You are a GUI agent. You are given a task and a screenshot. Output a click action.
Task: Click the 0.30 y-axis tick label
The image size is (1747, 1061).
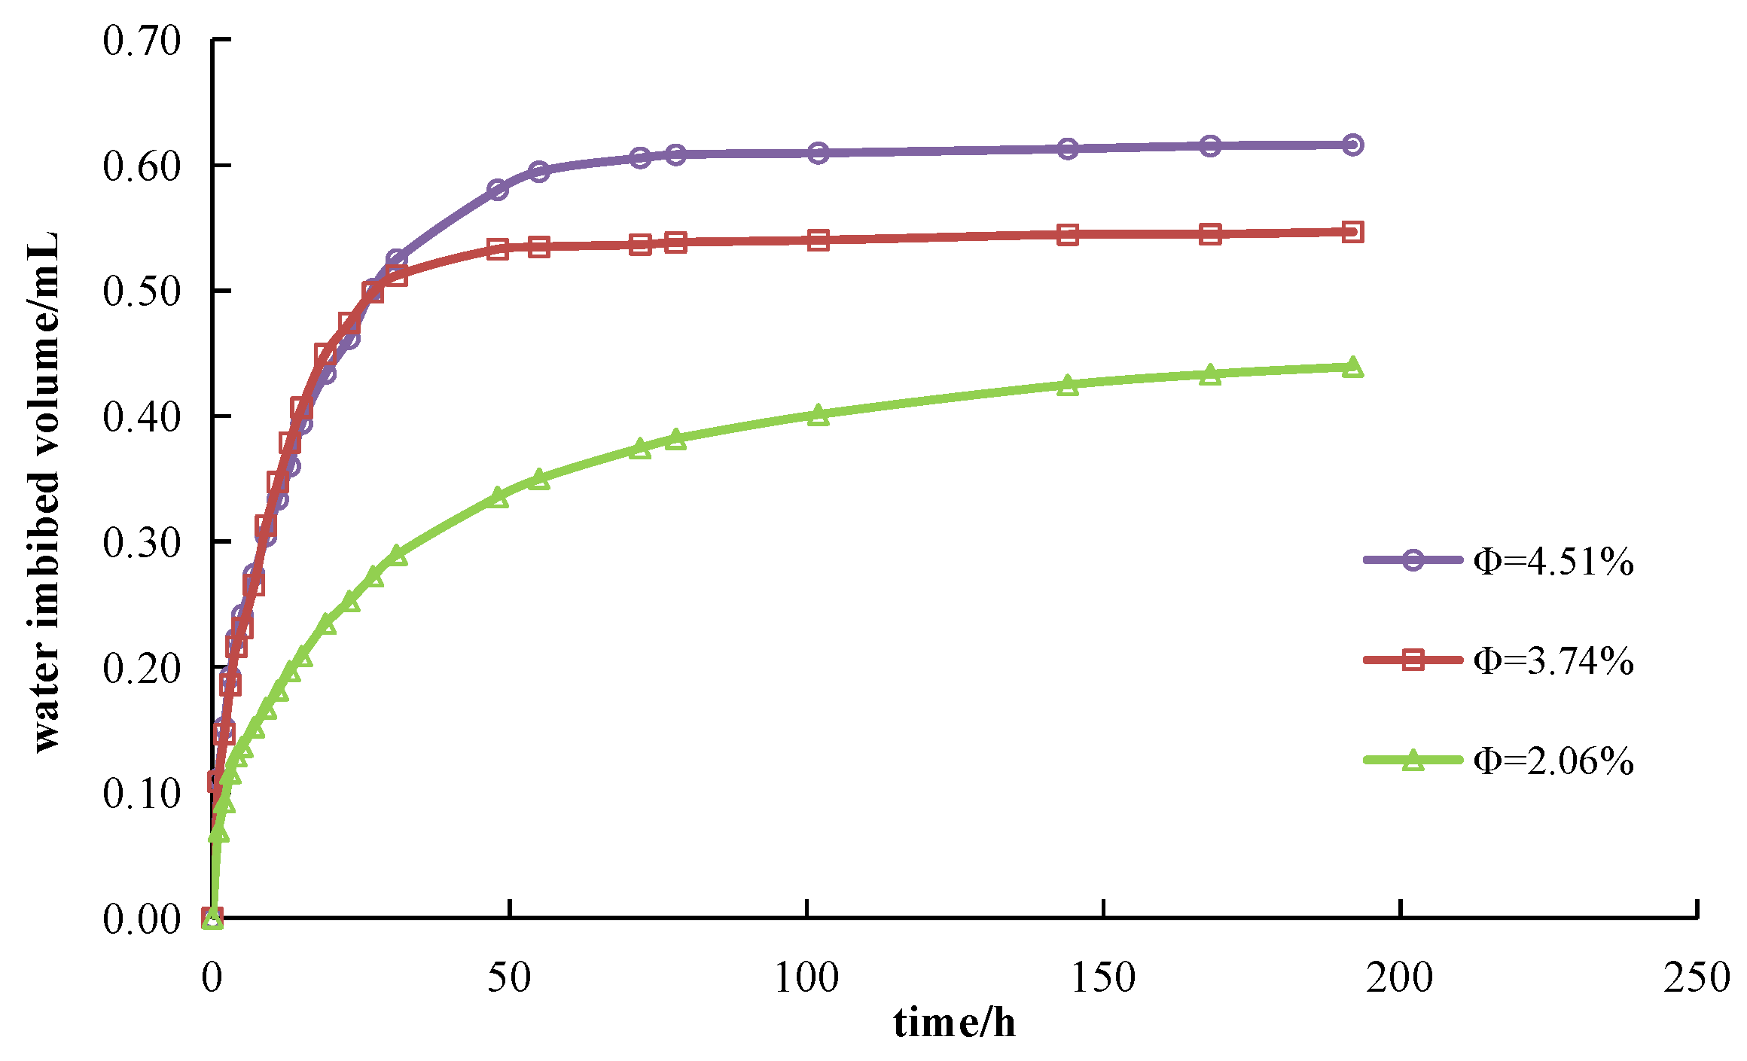(142, 542)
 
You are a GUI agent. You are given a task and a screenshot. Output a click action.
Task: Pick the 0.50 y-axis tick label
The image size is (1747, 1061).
(142, 291)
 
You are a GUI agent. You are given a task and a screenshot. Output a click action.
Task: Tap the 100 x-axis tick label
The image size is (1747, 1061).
(806, 978)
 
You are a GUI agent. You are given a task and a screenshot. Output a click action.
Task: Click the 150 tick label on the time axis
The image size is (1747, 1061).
(1103, 978)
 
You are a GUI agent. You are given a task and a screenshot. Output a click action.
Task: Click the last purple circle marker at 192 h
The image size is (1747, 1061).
(1352, 145)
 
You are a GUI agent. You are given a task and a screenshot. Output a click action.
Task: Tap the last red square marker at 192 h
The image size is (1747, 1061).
(1352, 232)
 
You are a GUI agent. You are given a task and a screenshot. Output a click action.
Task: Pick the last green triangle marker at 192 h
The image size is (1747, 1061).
(1352, 367)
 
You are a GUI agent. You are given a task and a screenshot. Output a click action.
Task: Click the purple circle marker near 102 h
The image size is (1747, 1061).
(819, 153)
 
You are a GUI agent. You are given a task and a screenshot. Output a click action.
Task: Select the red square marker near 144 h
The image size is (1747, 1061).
(1068, 235)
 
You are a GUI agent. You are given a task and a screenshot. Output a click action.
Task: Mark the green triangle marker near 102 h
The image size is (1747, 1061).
(819, 416)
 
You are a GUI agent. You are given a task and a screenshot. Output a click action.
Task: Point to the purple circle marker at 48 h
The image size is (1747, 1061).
(497, 190)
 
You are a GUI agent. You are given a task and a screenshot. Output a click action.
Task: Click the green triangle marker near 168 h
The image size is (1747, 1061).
(1210, 374)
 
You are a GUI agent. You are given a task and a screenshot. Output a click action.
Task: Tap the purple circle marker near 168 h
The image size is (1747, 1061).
(1210, 146)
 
